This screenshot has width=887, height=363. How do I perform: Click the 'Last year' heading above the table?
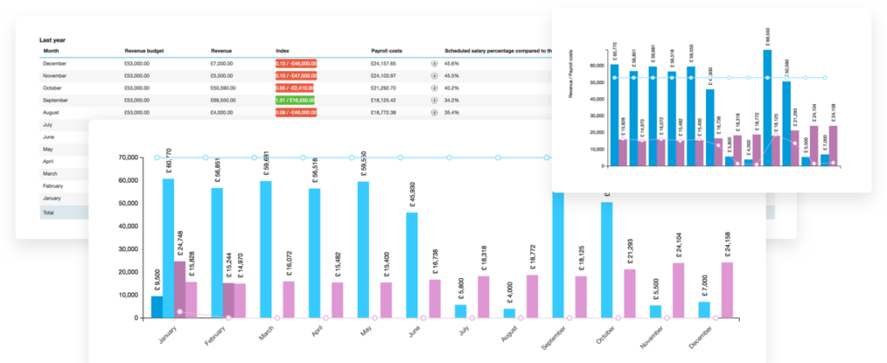[53, 40]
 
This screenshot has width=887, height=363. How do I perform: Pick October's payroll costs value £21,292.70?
[383, 88]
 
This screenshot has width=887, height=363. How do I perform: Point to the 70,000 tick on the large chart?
[126, 158]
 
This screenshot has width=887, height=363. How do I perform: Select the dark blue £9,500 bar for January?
[157, 307]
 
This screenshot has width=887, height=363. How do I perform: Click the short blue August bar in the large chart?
[509, 313]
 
